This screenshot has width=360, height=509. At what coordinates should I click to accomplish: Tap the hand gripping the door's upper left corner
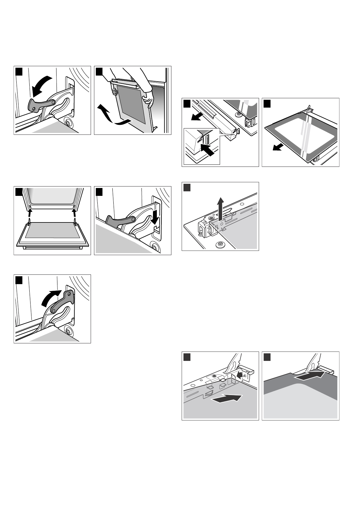pyautogui.click(x=114, y=90)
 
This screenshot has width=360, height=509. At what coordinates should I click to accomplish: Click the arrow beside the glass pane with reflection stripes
pyautogui.click(x=278, y=147)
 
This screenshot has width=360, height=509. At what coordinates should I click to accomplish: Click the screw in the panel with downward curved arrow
pyautogui.click(x=69, y=123)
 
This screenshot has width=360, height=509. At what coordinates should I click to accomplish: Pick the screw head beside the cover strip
pyautogui.click(x=238, y=114)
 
